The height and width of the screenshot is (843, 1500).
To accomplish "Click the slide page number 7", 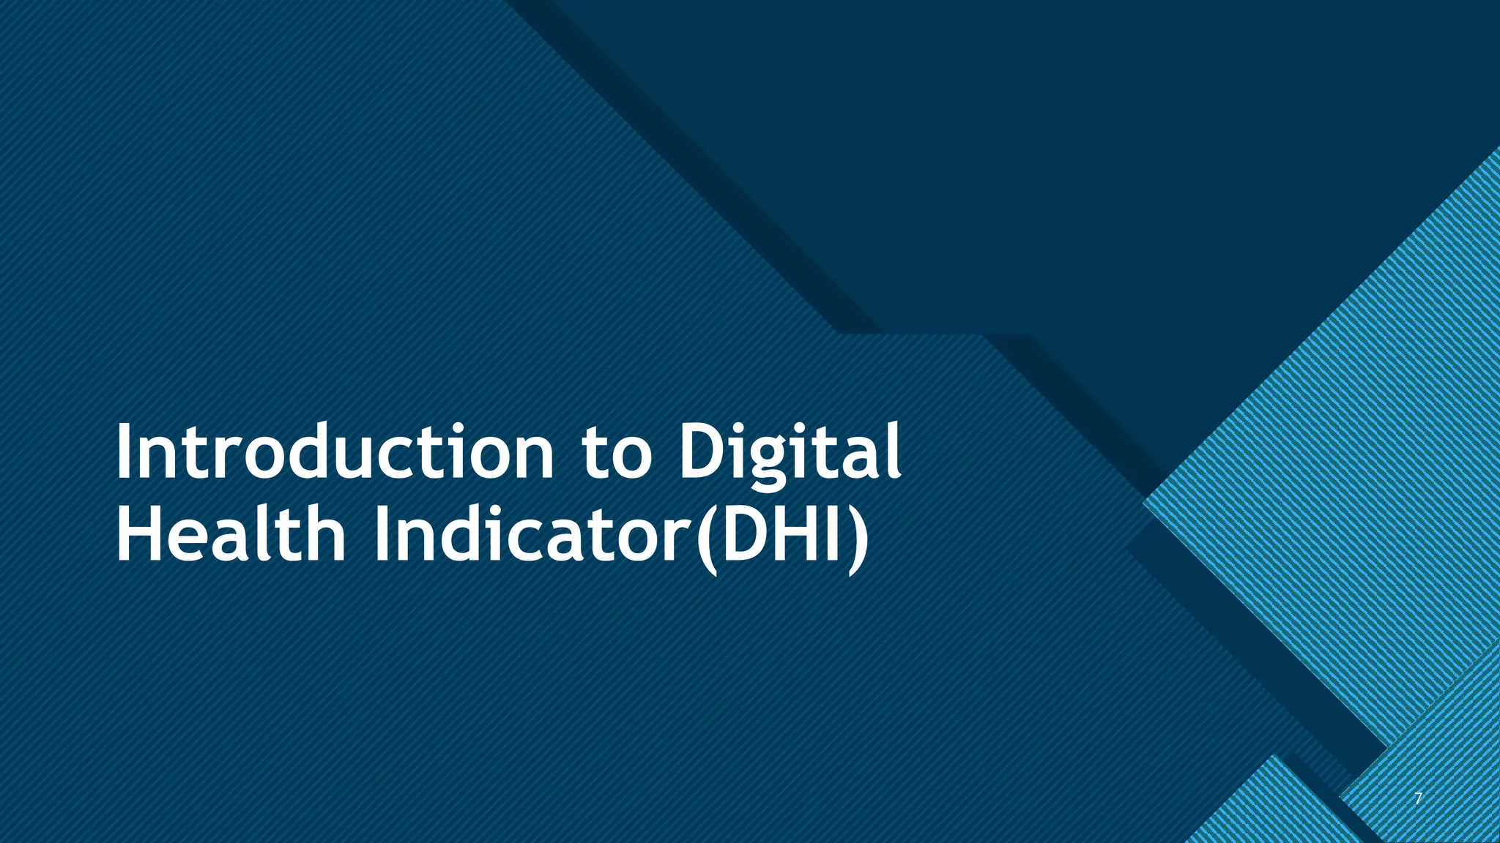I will point(1418,799).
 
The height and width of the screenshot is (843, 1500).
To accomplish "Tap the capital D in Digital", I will point(704,452).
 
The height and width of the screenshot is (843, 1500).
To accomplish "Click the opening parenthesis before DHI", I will point(707,537).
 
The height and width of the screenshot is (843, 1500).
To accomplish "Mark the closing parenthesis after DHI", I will point(858,537).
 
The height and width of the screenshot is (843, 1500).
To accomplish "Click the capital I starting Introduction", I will point(123,452).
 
